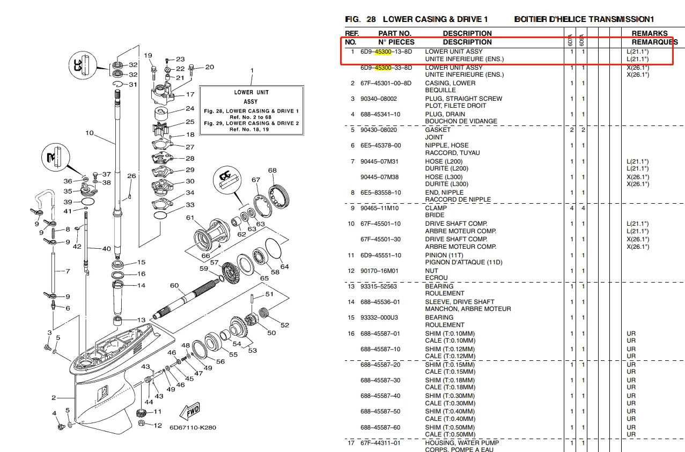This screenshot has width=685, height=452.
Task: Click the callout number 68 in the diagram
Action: pos(272,171)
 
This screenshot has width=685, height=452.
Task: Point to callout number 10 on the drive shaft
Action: pos(89,133)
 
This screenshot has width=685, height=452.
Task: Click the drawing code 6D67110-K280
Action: pos(193,428)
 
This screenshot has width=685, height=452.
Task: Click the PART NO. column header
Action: pos(395,33)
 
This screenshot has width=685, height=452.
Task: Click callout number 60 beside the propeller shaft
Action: pos(174,286)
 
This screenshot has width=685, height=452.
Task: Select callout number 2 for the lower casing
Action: pos(54,398)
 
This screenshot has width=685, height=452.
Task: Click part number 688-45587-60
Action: pos(380,427)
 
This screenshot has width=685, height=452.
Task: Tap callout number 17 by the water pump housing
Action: pos(190,95)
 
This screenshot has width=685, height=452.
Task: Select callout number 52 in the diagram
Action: pos(284,325)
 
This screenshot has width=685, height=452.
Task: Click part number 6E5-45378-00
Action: pos(380,145)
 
